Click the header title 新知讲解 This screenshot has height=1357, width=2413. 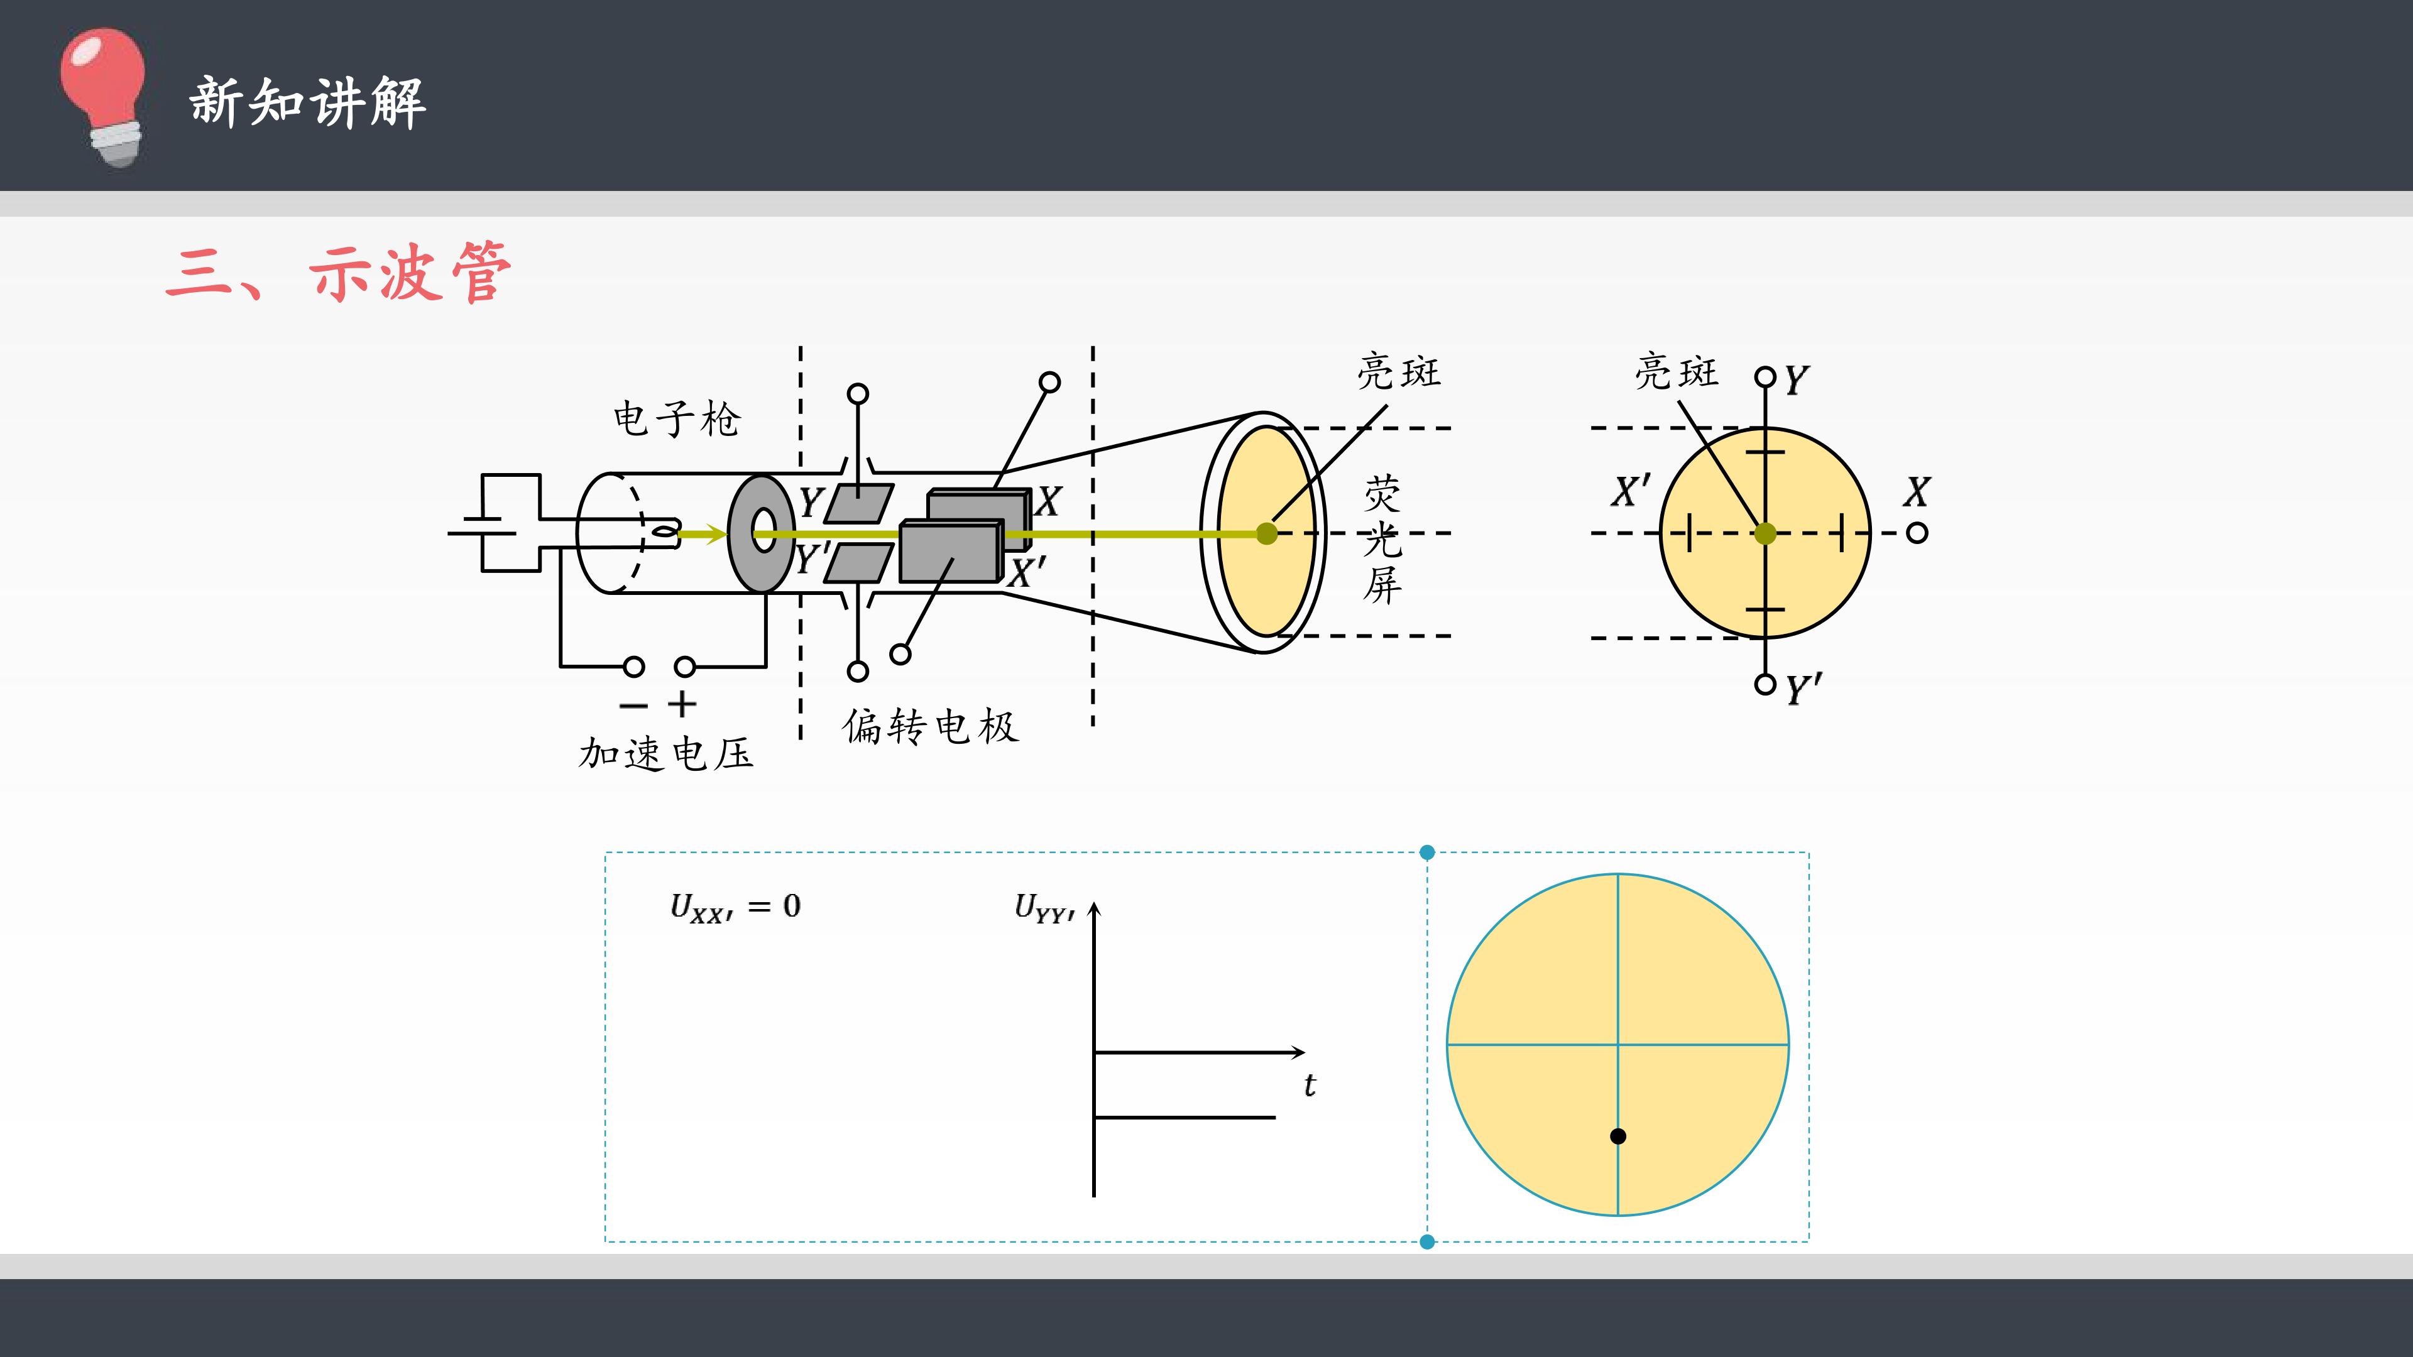[307, 102]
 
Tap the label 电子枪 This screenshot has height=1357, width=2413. [676, 418]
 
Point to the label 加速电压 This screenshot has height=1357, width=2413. [666, 753]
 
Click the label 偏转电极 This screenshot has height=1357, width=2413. [929, 727]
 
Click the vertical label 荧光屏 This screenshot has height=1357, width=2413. [1382, 540]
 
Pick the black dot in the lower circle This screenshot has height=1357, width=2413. [1617, 1136]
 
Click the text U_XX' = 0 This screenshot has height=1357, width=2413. [735, 907]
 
